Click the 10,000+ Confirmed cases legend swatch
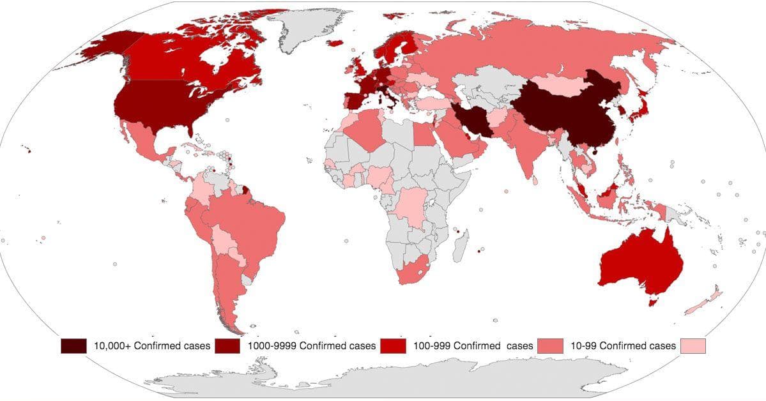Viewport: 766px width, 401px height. [x=73, y=345]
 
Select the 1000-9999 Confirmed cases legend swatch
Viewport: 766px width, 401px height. [x=227, y=345]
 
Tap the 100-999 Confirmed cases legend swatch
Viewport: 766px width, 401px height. [x=392, y=345]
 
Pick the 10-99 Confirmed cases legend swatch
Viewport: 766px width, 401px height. [x=551, y=345]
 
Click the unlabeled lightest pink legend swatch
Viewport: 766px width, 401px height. [x=694, y=345]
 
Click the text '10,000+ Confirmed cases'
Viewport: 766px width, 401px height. [x=152, y=346]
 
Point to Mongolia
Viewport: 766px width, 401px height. [x=559, y=83]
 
